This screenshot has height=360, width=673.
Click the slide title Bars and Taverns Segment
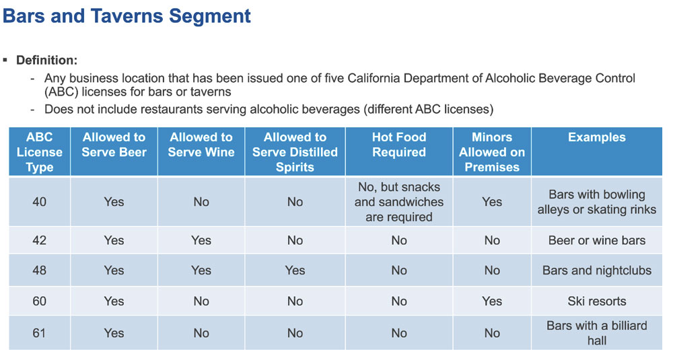point(127,15)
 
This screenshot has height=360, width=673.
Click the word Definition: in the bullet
point(46,61)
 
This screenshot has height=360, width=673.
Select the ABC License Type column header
point(40,152)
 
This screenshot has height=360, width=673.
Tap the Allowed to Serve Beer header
point(114,145)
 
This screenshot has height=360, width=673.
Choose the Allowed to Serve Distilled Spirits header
point(295,152)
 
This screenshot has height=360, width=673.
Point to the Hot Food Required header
point(399,145)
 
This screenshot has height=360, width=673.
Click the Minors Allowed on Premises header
point(492,152)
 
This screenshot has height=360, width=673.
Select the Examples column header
point(596,137)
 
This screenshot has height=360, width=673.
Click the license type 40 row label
point(40,201)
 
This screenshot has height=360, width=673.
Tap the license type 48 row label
point(40,271)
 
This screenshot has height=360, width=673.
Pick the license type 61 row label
point(40,332)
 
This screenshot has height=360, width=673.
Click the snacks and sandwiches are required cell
point(399,201)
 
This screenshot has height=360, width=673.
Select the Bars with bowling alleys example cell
point(596,202)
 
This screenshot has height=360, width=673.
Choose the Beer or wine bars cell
point(596,240)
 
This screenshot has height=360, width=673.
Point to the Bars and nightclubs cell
point(596,271)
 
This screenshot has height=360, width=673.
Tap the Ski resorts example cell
point(596,301)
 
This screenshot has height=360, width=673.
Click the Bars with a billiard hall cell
point(596,332)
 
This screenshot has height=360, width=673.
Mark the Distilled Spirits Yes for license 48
point(295,271)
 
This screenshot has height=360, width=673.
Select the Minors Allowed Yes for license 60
point(492,301)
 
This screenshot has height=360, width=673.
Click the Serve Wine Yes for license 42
point(201,240)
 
